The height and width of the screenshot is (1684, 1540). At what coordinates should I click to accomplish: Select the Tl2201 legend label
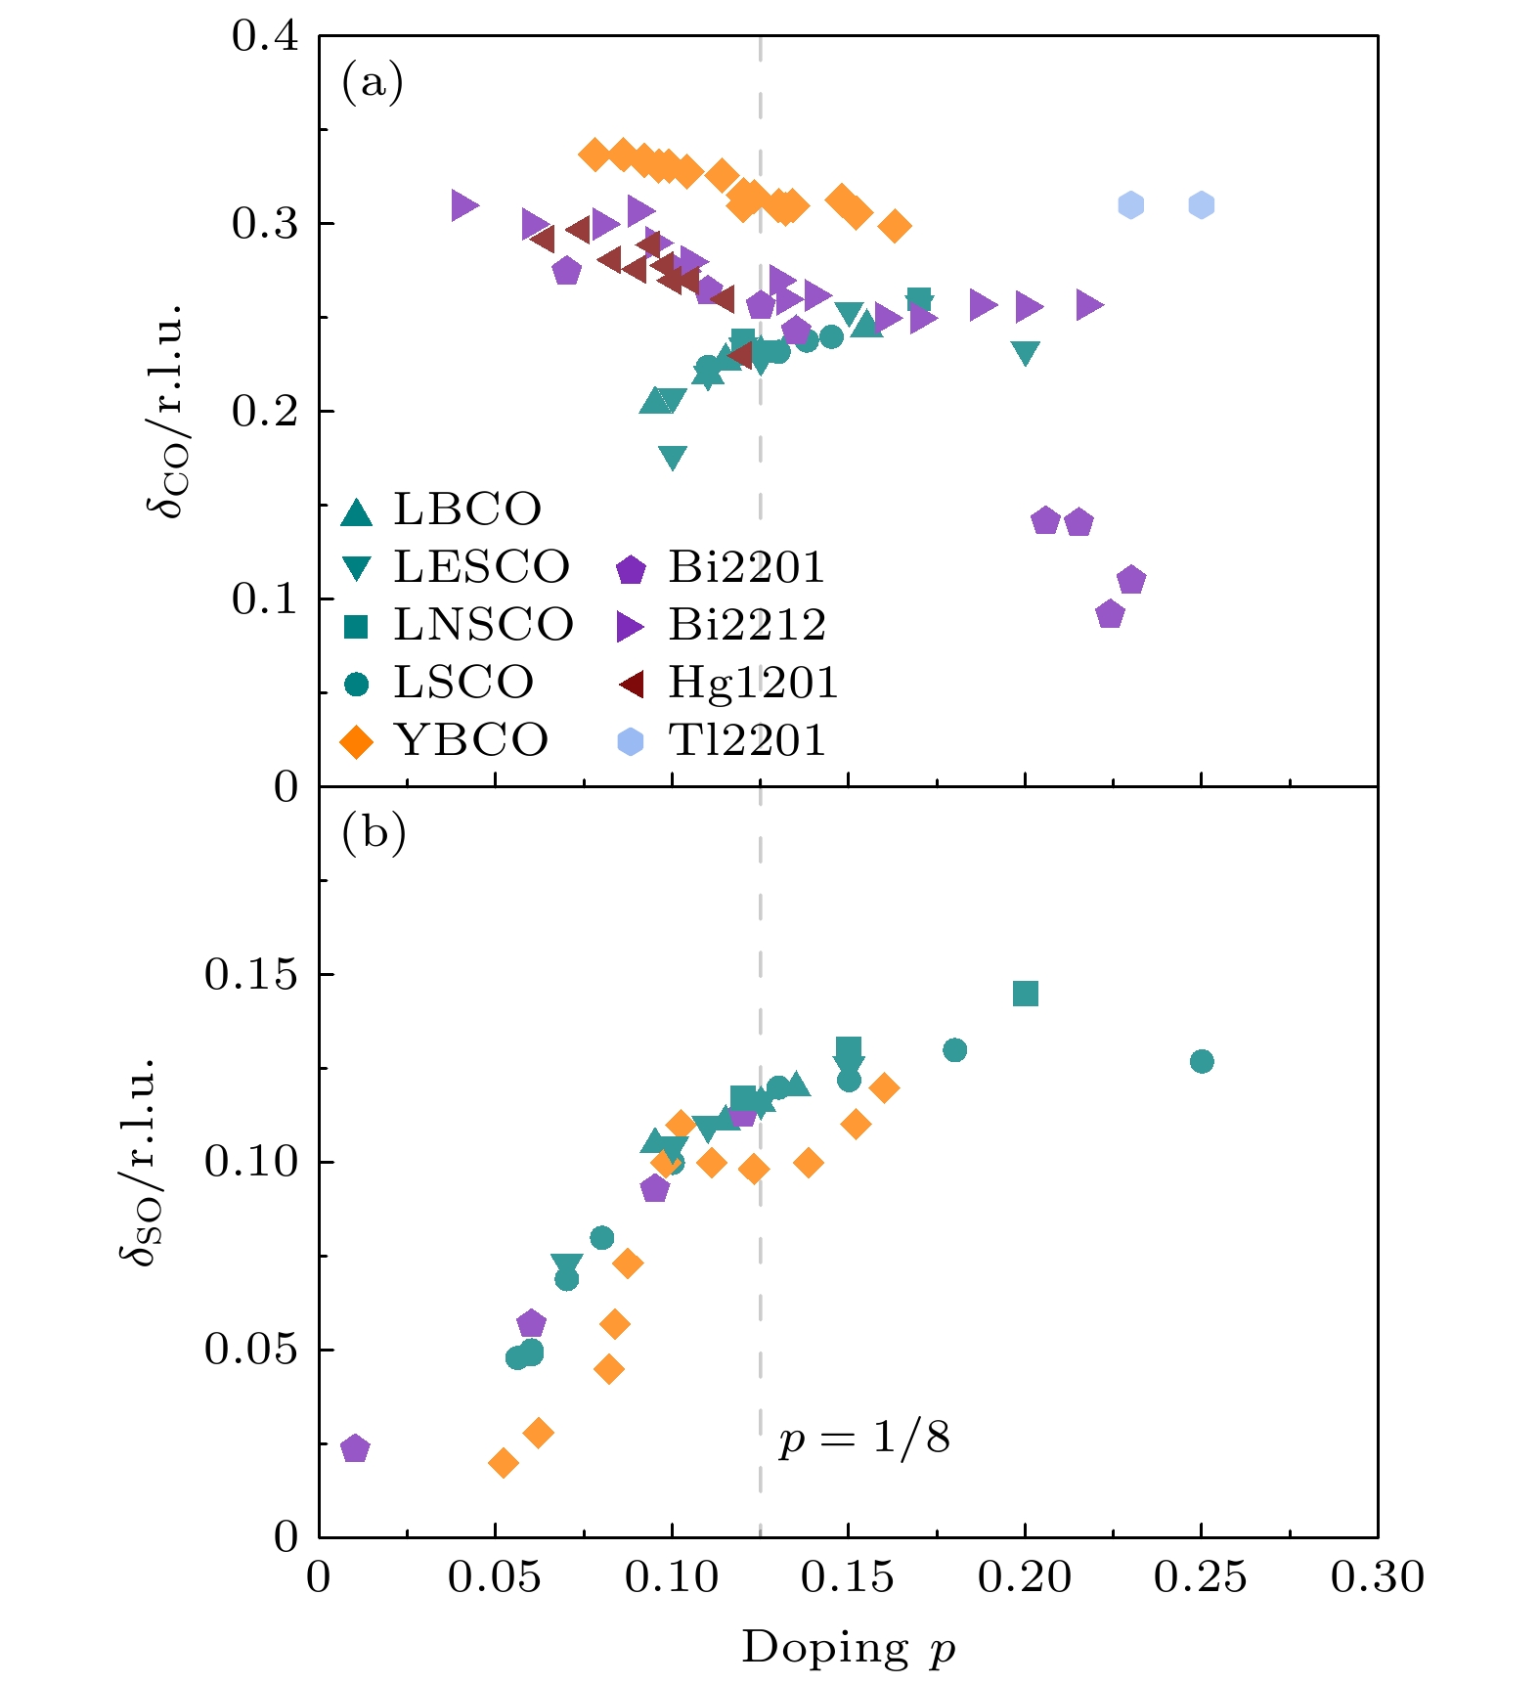click(x=747, y=740)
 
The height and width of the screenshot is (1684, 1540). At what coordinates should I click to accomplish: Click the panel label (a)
click(x=373, y=82)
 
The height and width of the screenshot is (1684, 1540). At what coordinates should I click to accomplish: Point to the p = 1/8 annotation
click(x=864, y=1438)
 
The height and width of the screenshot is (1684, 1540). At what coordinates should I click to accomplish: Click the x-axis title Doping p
click(x=848, y=1647)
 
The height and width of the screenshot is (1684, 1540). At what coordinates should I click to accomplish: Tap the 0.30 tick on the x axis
click(x=1378, y=1576)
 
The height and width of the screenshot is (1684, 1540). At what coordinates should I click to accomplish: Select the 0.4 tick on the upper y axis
click(x=265, y=37)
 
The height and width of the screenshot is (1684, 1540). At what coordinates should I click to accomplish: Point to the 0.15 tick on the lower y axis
click(x=251, y=975)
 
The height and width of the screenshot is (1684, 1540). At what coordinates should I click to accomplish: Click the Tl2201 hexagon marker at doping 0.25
click(x=1202, y=205)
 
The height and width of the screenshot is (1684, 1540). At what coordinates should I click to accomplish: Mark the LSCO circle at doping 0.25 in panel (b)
click(x=1202, y=1061)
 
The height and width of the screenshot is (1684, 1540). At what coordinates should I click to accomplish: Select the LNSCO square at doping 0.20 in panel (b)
click(x=1025, y=994)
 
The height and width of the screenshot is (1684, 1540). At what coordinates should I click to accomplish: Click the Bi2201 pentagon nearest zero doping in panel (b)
click(x=355, y=1448)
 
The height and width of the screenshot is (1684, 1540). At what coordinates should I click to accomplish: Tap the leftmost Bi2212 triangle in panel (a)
click(x=464, y=205)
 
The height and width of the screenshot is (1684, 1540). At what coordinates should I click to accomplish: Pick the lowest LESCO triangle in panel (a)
click(x=673, y=457)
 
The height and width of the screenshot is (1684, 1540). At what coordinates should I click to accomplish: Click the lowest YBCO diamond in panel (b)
click(x=503, y=1463)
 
